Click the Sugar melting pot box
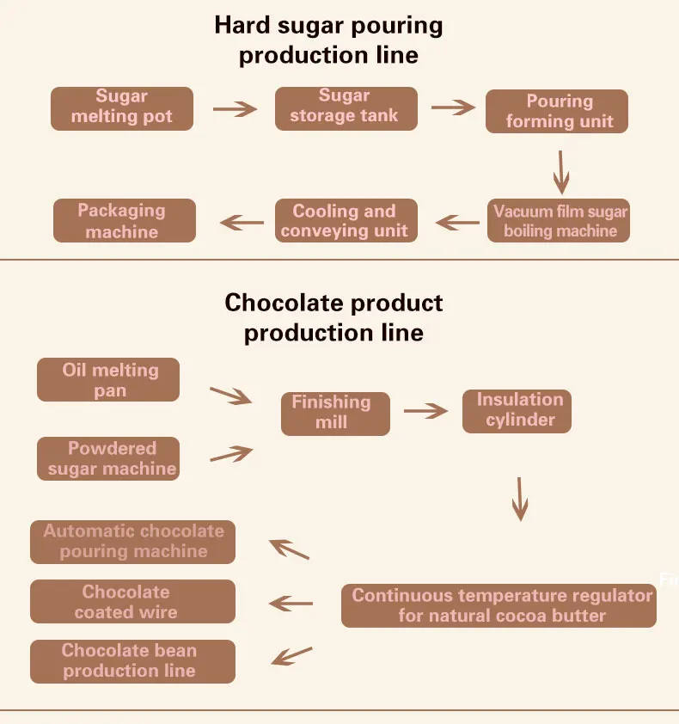(x=121, y=107)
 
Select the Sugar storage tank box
(x=346, y=107)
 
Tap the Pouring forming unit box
(x=557, y=112)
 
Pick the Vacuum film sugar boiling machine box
(x=560, y=221)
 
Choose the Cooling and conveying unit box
(x=346, y=221)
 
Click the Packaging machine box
(x=125, y=221)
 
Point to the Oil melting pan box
(x=108, y=380)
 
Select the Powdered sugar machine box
(x=108, y=458)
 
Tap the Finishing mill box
(x=335, y=413)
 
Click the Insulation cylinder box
(x=517, y=410)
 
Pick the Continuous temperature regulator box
(x=499, y=605)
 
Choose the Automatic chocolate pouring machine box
(x=132, y=542)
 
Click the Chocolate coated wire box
(x=132, y=602)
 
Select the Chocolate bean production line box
(x=132, y=661)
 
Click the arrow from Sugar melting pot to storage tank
(x=235, y=109)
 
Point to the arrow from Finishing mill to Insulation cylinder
(x=426, y=412)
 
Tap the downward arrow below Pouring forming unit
(x=561, y=172)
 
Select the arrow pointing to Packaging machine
(x=242, y=223)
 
